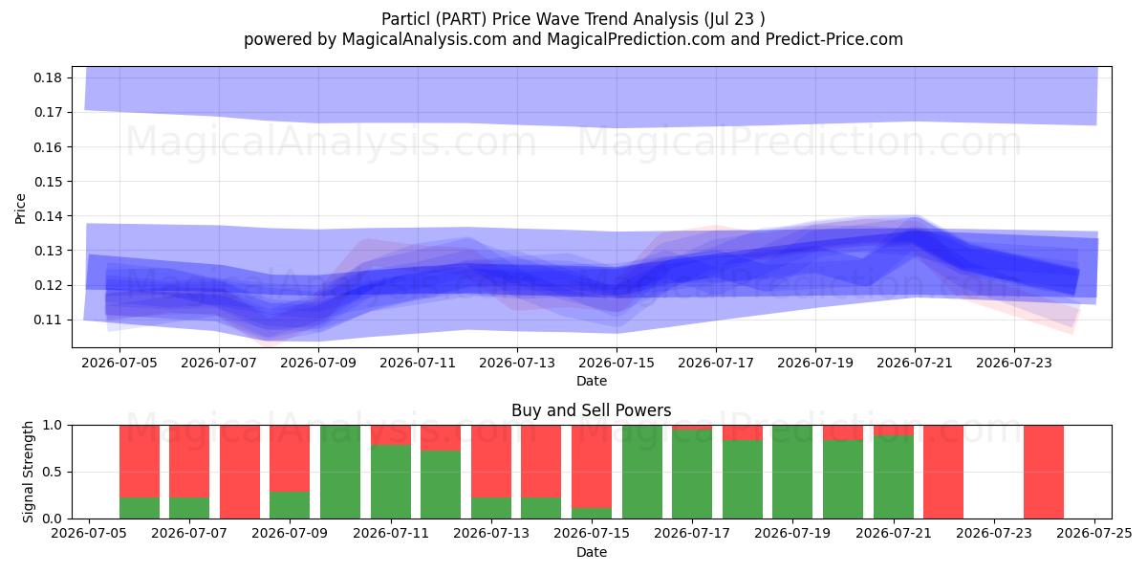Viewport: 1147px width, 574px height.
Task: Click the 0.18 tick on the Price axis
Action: click(x=48, y=77)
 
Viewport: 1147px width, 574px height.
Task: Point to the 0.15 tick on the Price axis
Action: click(x=48, y=182)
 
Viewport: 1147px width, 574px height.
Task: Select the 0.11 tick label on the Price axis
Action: click(x=48, y=320)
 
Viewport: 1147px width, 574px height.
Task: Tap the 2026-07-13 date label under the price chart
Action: click(x=517, y=363)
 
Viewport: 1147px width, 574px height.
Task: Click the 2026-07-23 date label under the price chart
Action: click(x=1014, y=363)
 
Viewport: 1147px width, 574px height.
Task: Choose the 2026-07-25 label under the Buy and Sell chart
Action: click(x=1094, y=534)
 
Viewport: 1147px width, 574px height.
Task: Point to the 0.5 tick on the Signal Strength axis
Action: click(x=53, y=472)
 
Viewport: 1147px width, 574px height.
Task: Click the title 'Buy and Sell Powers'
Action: click(x=592, y=410)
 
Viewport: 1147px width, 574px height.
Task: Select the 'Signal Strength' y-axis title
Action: click(x=28, y=472)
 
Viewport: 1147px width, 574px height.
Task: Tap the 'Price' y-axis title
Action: click(x=20, y=209)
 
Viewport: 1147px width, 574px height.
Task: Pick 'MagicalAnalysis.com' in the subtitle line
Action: click(x=424, y=39)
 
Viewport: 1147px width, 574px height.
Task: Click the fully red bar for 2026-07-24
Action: click(x=1044, y=472)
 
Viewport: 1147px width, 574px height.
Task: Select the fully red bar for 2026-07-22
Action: click(x=943, y=472)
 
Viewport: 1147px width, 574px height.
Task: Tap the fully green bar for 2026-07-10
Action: click(x=340, y=472)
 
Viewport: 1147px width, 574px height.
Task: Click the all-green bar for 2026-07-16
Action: click(x=642, y=472)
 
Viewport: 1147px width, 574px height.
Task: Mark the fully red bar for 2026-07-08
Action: click(x=240, y=472)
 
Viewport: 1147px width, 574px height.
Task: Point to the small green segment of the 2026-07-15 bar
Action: click(x=592, y=513)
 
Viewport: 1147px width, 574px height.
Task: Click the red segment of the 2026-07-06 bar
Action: click(x=140, y=461)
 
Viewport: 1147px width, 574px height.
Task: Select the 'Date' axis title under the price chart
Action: click(x=592, y=382)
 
